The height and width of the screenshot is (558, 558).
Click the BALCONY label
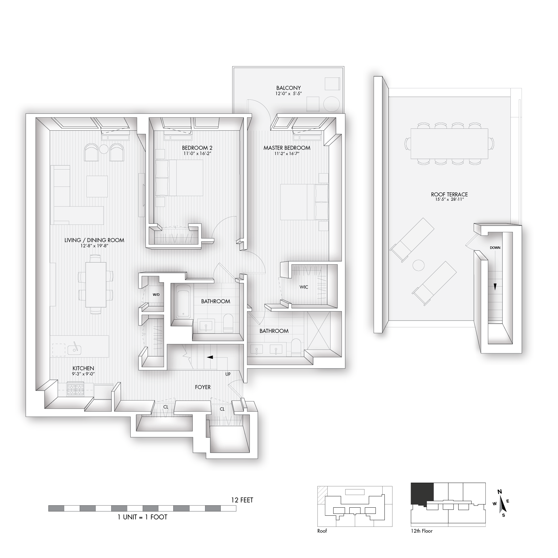click(x=288, y=88)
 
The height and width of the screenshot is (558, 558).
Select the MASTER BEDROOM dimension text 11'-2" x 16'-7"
click(x=287, y=153)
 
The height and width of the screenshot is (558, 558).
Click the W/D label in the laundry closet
click(x=156, y=295)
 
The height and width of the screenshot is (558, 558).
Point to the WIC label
click(x=304, y=287)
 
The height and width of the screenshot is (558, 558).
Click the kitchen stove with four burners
click(x=76, y=389)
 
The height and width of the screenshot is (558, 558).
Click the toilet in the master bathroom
click(x=296, y=347)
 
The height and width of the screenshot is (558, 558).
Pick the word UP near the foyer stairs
click(x=228, y=374)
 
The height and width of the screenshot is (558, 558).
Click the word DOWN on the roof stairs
click(x=495, y=248)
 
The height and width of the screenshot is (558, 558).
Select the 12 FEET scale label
click(x=242, y=500)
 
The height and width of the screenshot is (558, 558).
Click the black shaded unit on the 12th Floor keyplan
click(x=422, y=493)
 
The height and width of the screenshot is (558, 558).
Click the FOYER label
click(x=203, y=387)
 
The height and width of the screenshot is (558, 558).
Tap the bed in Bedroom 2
click(x=179, y=178)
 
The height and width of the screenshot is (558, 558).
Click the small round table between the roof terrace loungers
click(x=419, y=265)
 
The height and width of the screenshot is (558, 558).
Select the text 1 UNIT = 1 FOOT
click(x=142, y=517)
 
